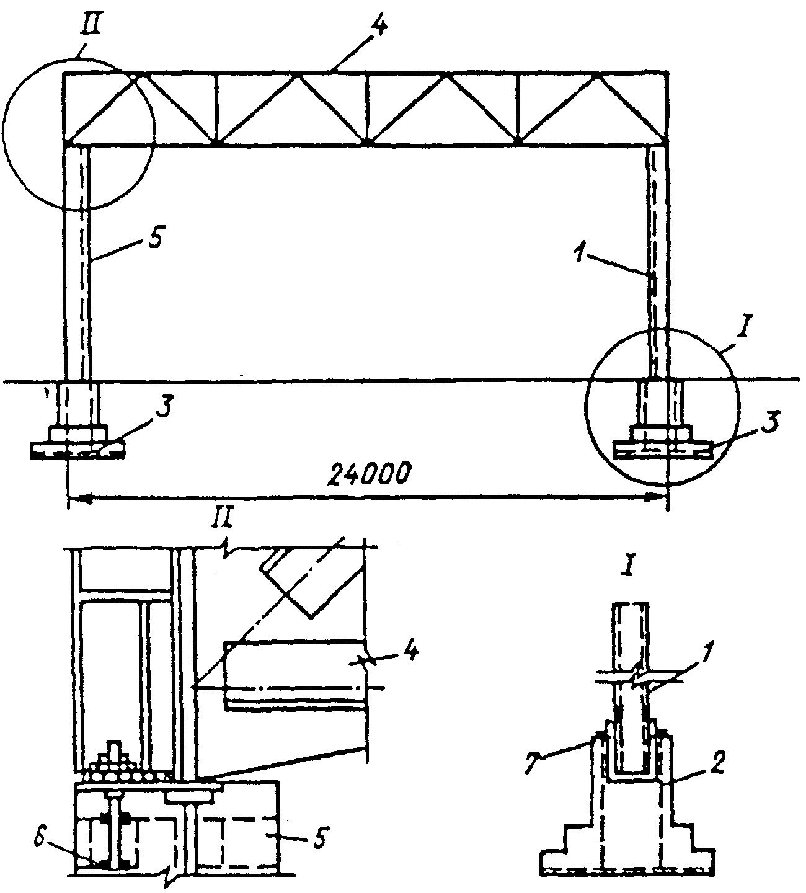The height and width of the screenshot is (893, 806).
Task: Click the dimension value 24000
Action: click(x=368, y=476)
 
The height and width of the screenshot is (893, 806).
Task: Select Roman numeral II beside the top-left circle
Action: click(x=91, y=26)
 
